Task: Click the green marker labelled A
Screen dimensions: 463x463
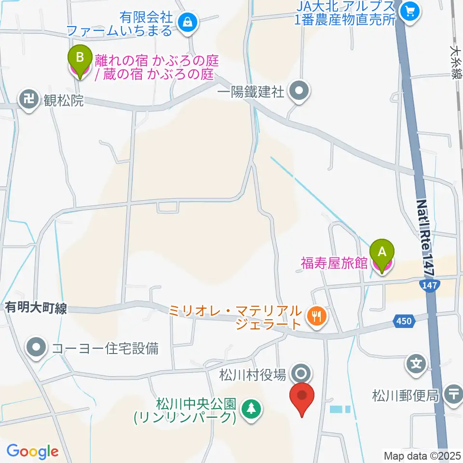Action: click(x=382, y=252)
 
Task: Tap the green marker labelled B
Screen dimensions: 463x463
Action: click(x=80, y=57)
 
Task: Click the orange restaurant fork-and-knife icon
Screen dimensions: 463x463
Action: click(x=317, y=316)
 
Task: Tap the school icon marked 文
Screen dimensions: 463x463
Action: click(x=416, y=363)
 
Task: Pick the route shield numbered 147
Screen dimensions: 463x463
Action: click(x=429, y=286)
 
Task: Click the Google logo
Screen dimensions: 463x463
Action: click(x=32, y=451)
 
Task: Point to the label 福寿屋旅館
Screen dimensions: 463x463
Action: click(x=335, y=263)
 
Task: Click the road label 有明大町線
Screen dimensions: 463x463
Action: click(x=36, y=308)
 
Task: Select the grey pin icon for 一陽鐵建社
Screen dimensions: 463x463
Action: click(x=300, y=90)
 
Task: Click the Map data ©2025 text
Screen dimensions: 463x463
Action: click(x=422, y=455)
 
